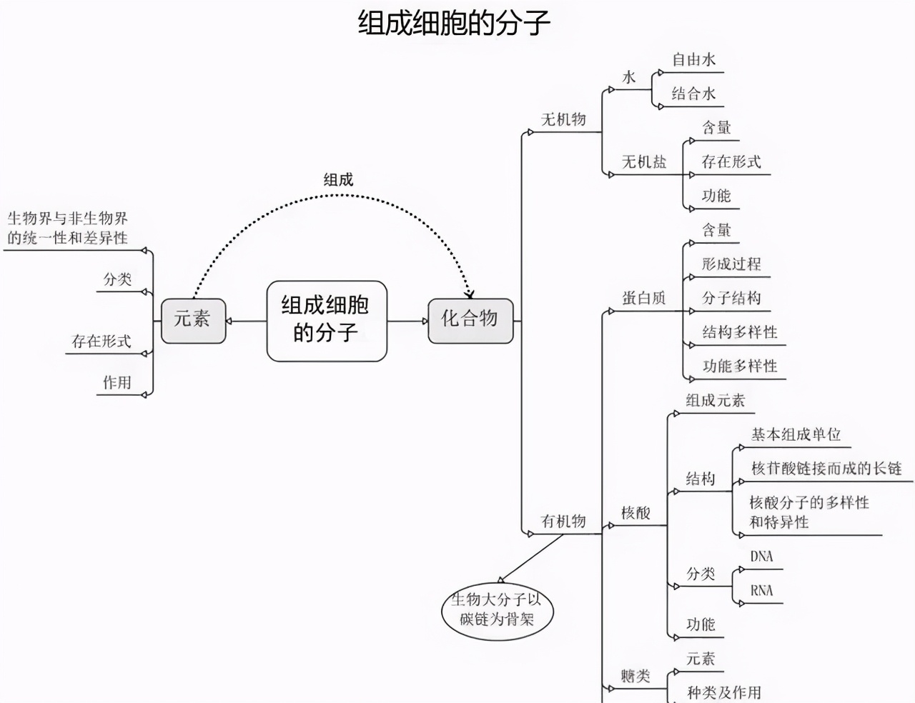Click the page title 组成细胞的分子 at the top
point(454,23)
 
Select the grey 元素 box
point(193,319)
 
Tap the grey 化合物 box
point(470,319)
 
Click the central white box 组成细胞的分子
point(326,320)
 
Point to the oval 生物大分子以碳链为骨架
point(497,609)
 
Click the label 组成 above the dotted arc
point(338,180)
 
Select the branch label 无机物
point(563,120)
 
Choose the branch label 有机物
point(563,522)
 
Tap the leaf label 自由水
point(693,60)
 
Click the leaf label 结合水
point(693,94)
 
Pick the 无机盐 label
point(644,162)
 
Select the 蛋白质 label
point(644,299)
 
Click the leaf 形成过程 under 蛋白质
point(731,264)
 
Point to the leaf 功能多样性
point(740,367)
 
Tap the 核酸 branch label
point(635,513)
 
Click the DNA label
point(762,557)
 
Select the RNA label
point(762,591)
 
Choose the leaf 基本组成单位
point(796,434)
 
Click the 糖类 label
point(635,676)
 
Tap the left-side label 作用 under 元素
point(117,383)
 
